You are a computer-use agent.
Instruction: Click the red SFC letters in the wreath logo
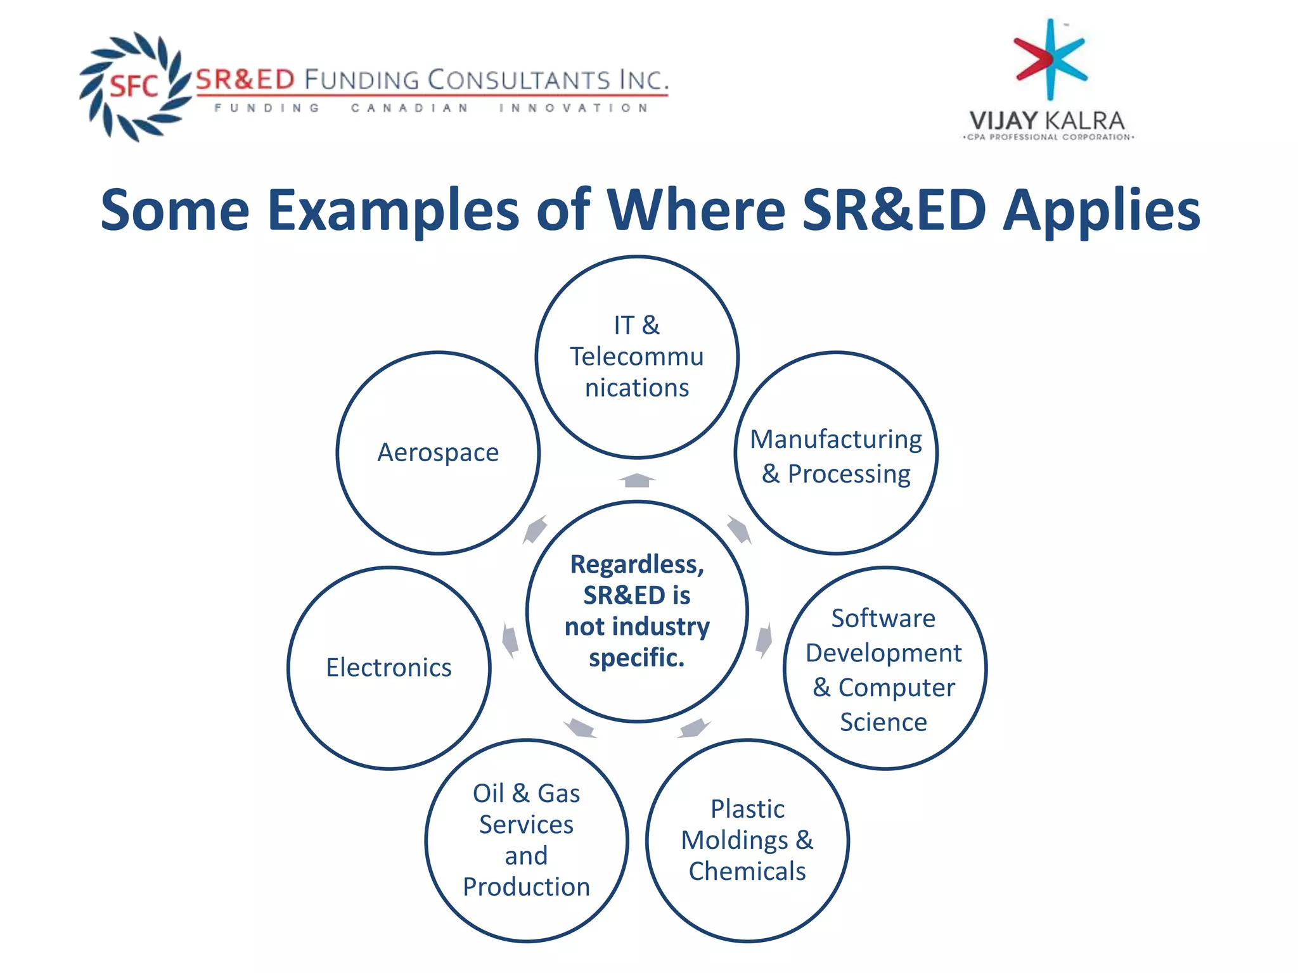pos(134,86)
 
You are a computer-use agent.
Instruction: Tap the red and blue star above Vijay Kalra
pos(1050,60)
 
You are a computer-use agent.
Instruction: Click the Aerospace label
pos(438,452)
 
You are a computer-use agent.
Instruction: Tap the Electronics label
pos(389,668)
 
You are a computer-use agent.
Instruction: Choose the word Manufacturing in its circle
pos(835,439)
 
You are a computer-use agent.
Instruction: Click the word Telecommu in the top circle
pos(636,357)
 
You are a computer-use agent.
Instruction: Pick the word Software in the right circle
pos(883,618)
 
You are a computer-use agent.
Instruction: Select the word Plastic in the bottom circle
pos(747,809)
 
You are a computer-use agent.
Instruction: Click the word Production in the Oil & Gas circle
pos(526,887)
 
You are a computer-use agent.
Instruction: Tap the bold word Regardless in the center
pos(636,564)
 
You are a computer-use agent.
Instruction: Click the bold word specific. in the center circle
pos(636,658)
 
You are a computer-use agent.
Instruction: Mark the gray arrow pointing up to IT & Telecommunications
pos(636,480)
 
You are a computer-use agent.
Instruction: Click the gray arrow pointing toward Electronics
pos(510,640)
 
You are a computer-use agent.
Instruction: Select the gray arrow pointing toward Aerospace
pos(536,529)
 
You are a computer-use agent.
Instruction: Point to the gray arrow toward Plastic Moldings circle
pos(694,728)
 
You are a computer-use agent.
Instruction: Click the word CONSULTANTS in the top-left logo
pos(517,80)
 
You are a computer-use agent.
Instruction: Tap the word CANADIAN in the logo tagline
pos(409,108)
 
